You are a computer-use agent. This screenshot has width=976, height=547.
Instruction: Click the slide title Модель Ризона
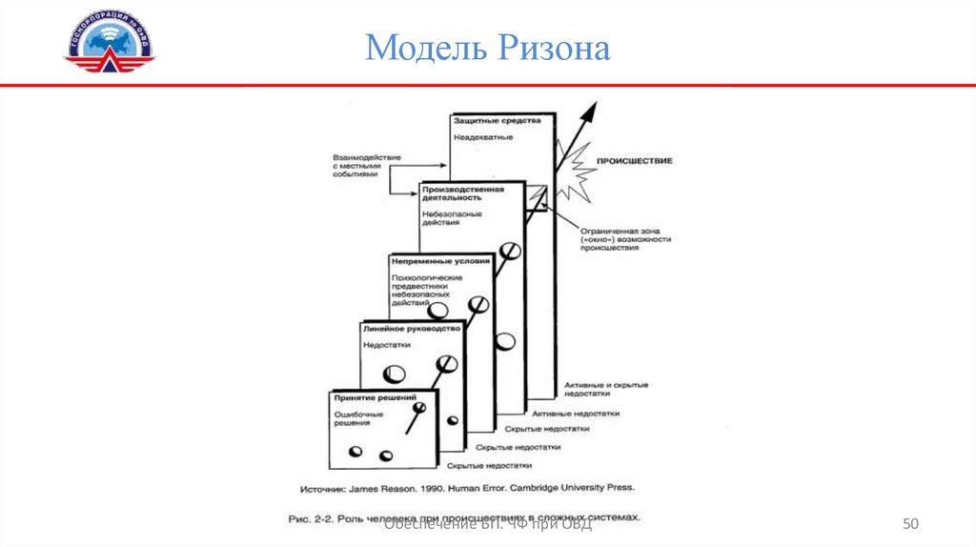487,48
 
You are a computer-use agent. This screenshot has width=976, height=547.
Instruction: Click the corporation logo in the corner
109,44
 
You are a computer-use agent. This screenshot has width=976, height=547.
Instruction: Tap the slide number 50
910,524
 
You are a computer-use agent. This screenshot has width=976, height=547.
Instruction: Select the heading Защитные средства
497,122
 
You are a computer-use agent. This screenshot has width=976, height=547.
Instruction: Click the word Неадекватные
483,138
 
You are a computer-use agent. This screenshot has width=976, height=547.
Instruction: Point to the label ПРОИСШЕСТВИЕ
634,161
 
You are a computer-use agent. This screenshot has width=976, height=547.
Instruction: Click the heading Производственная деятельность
462,193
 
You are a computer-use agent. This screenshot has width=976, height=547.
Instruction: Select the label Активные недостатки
576,414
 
